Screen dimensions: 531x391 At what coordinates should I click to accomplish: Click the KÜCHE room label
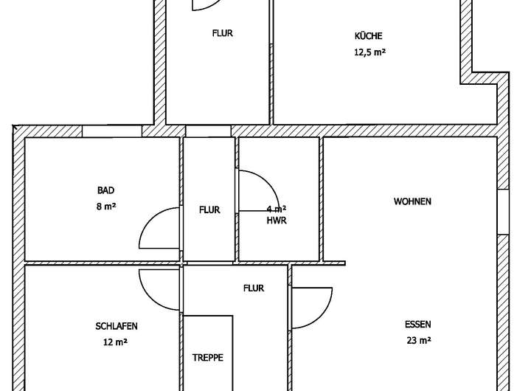pyautogui.click(x=368, y=36)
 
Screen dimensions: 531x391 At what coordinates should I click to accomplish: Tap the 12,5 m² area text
pyautogui.click(x=369, y=52)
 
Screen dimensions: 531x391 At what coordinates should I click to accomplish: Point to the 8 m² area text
pyautogui.click(x=106, y=207)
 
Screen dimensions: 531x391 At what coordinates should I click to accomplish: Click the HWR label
pyautogui.click(x=277, y=221)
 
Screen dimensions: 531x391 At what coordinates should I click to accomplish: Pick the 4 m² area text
pyautogui.click(x=277, y=209)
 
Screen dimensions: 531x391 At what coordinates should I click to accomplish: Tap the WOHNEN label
pyautogui.click(x=412, y=201)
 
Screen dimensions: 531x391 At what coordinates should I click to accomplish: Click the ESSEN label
pyautogui.click(x=417, y=325)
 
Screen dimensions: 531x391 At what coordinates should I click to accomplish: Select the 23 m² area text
pyautogui.click(x=418, y=340)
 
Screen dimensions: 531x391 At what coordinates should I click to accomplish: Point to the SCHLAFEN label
pyautogui.click(x=117, y=326)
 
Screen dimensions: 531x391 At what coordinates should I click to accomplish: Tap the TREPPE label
pyautogui.click(x=208, y=357)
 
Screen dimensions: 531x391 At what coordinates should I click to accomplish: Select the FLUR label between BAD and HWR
pyautogui.click(x=209, y=210)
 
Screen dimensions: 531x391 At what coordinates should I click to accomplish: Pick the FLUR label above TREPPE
pyautogui.click(x=254, y=288)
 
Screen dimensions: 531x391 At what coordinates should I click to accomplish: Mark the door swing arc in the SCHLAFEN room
pyautogui.click(x=153, y=286)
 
